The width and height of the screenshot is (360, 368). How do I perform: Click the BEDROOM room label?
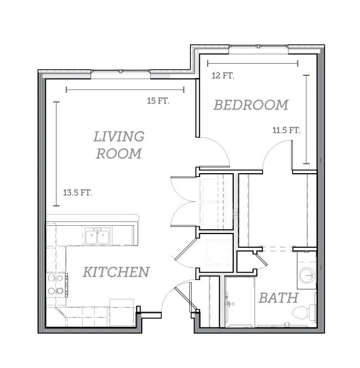click(251, 105)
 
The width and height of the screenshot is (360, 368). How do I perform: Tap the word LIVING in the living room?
click(119, 136)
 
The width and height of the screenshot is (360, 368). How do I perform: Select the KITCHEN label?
click(116, 272)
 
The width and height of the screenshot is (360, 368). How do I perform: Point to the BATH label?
click(279, 298)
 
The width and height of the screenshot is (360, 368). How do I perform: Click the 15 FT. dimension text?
click(158, 101)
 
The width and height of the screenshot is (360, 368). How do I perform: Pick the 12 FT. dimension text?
click(223, 76)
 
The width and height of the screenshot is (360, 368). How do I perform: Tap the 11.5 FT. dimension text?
click(286, 130)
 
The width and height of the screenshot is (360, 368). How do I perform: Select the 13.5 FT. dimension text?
click(77, 193)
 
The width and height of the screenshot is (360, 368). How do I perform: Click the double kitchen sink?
click(97, 236)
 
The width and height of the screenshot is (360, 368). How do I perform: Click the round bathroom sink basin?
click(307, 275)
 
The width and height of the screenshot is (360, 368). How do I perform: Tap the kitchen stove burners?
click(55, 284)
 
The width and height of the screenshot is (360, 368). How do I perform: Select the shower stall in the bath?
click(240, 302)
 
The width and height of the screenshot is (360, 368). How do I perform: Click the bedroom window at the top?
click(259, 46)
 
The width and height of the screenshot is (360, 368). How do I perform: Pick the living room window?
click(121, 71)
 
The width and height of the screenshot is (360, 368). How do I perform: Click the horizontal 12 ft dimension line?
click(253, 63)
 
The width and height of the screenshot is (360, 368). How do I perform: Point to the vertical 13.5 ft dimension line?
click(56, 154)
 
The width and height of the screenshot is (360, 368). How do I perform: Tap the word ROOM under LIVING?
click(119, 153)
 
